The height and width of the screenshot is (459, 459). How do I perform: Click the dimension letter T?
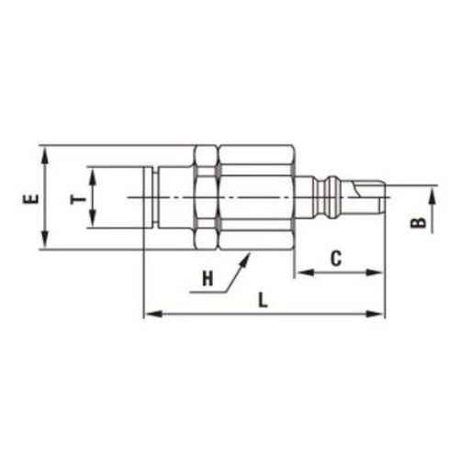click(x=79, y=200)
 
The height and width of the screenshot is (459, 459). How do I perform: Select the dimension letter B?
click(x=418, y=223)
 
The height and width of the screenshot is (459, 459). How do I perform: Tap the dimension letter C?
click(x=336, y=259)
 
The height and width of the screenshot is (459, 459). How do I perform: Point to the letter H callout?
click(x=207, y=279)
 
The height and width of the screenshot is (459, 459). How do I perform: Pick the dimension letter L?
click(x=263, y=300)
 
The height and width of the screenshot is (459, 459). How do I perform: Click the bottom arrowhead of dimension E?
click(x=45, y=240)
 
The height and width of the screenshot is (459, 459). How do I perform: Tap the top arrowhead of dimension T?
click(x=93, y=177)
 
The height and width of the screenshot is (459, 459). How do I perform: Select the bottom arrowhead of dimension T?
click(x=93, y=218)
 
